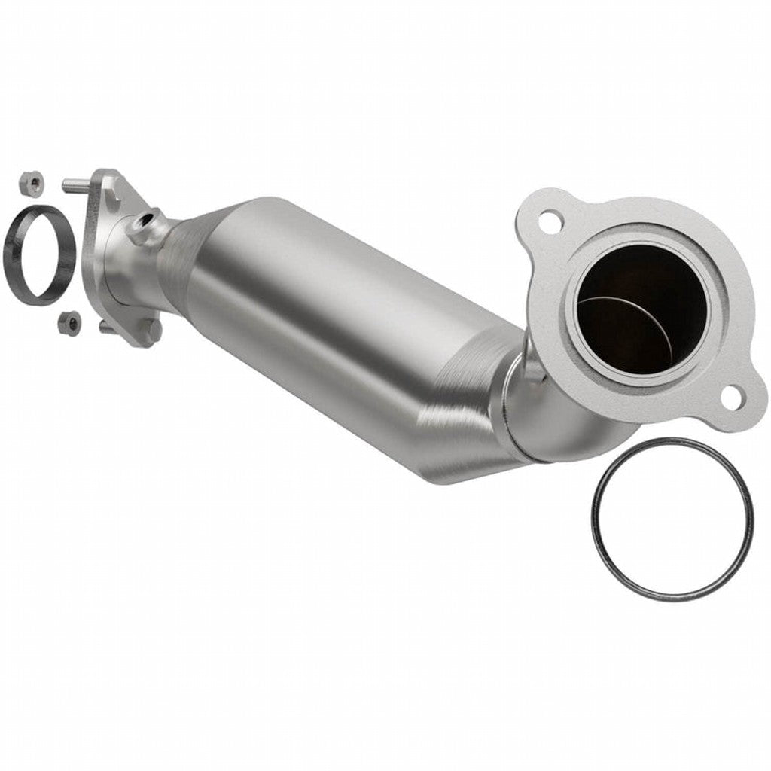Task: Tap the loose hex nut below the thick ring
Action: pyautogui.click(x=69, y=322)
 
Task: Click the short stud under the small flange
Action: pyautogui.click(x=105, y=326)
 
